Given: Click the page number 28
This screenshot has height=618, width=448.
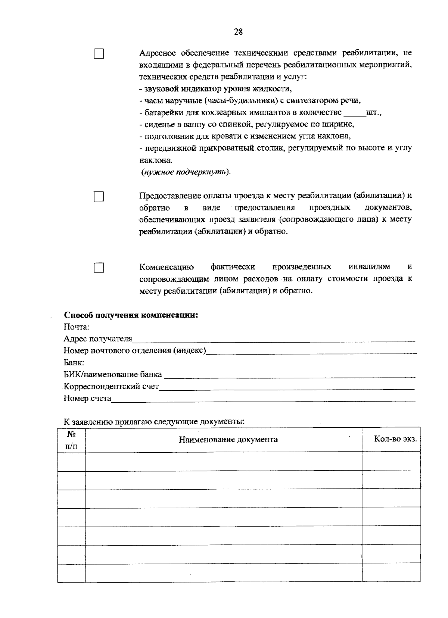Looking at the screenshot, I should pos(238,32).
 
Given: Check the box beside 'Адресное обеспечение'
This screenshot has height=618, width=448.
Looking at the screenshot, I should pos(99,54).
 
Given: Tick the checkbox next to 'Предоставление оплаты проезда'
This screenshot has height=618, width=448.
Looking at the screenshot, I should pos(99,197).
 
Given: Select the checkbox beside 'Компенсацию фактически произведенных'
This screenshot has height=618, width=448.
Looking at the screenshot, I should pos(99,268).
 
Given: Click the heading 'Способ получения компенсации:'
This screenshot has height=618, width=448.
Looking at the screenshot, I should pos(131,315).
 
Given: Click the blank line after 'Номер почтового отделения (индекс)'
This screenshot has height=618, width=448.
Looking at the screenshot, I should pos(311,351).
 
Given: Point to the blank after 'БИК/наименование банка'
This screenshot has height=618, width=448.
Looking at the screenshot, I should pos(289,375).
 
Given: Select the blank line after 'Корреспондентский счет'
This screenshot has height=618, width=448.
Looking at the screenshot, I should pos(287,387).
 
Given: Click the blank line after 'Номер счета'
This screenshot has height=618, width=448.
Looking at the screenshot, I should pos(263,399).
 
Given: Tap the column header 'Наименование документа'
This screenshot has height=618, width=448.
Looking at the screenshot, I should pos(228,440).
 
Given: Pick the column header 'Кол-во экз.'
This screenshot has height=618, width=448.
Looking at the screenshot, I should pos(395,439).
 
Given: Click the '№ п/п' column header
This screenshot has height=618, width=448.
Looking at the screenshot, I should pos(71,440).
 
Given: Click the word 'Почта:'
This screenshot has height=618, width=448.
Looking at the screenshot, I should pos(77,327).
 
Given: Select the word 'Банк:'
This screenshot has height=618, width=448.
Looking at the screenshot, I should pos(74,363).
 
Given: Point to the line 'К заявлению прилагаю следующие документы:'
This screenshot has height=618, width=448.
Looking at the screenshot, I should pos(154,422).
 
